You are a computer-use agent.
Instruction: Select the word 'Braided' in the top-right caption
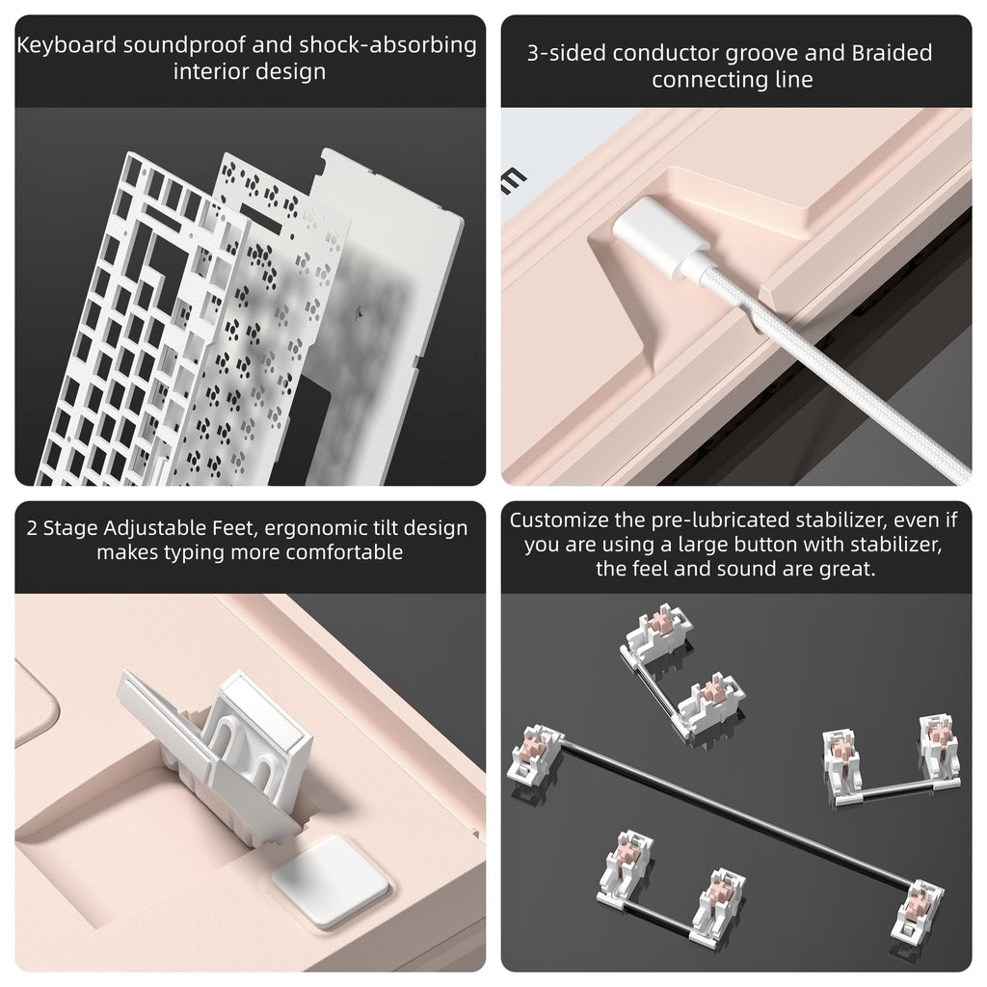click(x=892, y=53)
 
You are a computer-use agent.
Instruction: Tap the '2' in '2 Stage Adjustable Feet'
click(x=32, y=528)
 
